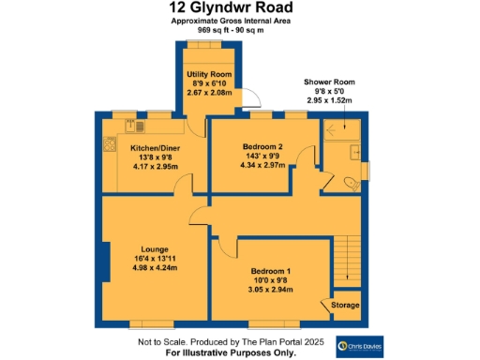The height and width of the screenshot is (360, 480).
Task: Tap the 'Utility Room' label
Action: tap(209, 73)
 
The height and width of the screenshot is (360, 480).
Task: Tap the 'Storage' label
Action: tap(345, 305)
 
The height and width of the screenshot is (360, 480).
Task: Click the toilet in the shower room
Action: tap(352, 183)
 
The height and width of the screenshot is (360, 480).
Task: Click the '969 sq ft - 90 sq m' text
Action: tap(231, 30)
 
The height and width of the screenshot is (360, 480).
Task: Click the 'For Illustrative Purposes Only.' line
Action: tap(231, 353)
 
